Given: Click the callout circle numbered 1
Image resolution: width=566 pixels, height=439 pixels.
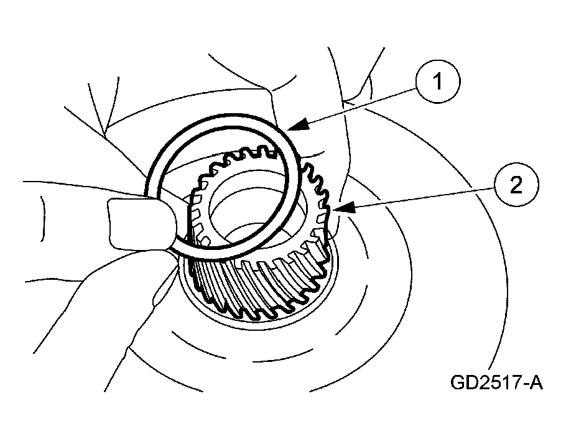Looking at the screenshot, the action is (x=438, y=81).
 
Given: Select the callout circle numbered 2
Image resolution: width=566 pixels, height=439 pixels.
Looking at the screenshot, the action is (x=516, y=185).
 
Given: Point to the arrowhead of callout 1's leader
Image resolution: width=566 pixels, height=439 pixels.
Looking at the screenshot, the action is (x=299, y=126).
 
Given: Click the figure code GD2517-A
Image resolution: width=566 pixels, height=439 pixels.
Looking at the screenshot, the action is (x=497, y=382).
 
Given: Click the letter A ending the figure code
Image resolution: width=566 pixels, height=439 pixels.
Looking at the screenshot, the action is (x=536, y=382).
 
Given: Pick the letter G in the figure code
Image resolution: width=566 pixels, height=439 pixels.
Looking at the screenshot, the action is (x=458, y=382).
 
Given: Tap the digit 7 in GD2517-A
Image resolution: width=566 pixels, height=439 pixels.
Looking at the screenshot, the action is (x=514, y=382).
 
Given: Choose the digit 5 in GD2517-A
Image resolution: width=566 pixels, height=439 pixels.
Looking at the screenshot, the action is (x=491, y=382).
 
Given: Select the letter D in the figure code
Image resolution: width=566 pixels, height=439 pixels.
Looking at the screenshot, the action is (x=472, y=382).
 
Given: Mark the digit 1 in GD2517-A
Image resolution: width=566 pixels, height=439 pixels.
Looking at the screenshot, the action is (x=503, y=382).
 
